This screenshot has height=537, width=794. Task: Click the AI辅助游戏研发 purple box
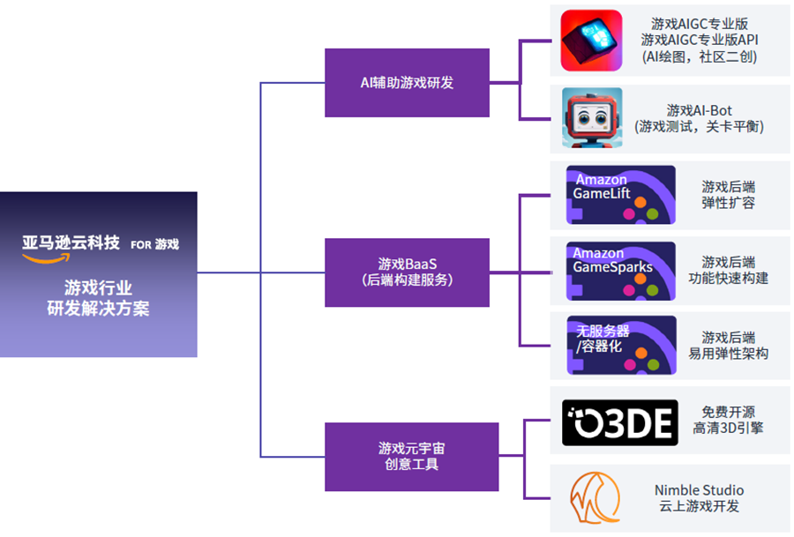click(x=407, y=83)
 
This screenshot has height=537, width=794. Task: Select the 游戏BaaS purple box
click(x=407, y=272)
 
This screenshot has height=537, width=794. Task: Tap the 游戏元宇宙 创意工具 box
click(x=407, y=457)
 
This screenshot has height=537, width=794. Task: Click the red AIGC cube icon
click(x=592, y=41)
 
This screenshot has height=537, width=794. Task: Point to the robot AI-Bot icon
click(x=592, y=117)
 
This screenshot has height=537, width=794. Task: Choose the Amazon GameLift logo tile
click(x=620, y=194)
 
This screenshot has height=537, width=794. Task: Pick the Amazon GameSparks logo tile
click(x=620, y=270)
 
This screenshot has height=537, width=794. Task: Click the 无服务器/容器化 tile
click(x=620, y=345)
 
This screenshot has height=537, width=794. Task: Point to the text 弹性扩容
click(x=728, y=203)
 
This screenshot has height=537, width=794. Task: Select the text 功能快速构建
click(x=728, y=279)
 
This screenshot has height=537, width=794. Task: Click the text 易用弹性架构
click(x=728, y=354)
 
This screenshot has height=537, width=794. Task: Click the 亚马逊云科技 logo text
click(x=71, y=242)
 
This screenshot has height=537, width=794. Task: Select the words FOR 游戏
click(x=154, y=244)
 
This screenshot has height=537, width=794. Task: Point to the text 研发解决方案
click(x=98, y=309)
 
